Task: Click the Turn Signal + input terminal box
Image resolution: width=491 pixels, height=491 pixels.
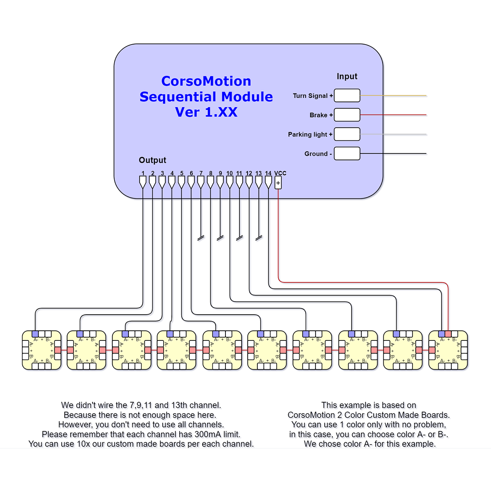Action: tap(347, 95)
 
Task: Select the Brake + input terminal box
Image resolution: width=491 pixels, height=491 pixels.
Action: tap(347, 115)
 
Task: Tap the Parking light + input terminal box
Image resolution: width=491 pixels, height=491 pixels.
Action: tap(347, 134)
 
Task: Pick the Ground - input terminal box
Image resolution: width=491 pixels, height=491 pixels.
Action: tap(347, 153)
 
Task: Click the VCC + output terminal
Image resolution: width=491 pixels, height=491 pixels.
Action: tap(278, 183)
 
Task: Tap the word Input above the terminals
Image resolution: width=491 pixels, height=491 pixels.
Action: tap(347, 77)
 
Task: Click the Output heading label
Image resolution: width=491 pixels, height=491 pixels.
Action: tap(152, 160)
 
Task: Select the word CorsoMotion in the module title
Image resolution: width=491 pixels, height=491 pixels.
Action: tap(206, 81)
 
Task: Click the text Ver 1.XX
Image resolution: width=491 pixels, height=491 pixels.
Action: tap(206, 112)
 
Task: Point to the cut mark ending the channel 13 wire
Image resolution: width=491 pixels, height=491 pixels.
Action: tap(259, 238)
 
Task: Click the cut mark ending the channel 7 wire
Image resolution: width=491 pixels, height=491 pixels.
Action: tap(201, 238)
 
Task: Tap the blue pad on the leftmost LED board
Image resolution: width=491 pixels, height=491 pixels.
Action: tap(35, 334)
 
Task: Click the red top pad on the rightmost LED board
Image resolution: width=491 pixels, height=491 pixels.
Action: tap(448, 334)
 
